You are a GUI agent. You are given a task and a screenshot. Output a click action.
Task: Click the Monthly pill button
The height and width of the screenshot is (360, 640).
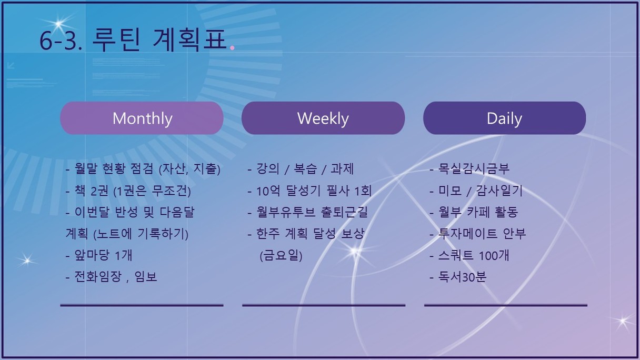(x=142, y=118)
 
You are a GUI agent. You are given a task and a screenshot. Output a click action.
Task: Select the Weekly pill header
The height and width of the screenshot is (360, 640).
(x=323, y=118)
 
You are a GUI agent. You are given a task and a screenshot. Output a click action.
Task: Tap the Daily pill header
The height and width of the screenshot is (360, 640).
(x=505, y=118)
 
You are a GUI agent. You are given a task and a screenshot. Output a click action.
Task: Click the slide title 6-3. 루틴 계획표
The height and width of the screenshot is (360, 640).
(x=133, y=40)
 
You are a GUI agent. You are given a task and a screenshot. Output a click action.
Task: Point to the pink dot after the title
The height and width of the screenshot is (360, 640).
(x=232, y=47)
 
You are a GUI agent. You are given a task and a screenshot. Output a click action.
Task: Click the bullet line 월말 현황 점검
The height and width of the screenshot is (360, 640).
(x=143, y=168)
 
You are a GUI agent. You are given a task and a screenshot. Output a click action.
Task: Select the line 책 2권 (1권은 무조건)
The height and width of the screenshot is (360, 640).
(x=128, y=191)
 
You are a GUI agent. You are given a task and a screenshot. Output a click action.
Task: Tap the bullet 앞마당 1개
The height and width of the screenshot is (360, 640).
(x=99, y=255)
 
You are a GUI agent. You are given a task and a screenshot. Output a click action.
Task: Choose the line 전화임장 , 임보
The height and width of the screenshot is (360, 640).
(x=112, y=276)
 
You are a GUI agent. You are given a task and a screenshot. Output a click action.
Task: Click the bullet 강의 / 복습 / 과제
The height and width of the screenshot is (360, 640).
(x=301, y=168)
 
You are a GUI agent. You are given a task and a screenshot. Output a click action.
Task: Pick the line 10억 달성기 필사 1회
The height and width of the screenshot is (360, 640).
(x=309, y=191)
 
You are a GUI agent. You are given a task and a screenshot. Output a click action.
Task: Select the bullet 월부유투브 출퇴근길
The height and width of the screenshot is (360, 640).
(x=308, y=212)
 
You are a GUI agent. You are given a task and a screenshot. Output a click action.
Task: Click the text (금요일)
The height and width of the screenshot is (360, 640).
(x=281, y=255)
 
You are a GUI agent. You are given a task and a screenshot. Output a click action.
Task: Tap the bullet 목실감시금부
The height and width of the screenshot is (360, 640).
(x=469, y=168)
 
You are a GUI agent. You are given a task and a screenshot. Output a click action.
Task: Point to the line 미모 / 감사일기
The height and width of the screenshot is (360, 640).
(x=476, y=191)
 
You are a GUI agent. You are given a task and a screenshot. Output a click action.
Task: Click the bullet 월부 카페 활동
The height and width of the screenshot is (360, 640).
(x=474, y=212)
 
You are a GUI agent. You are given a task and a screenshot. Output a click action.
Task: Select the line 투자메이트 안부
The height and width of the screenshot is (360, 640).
(x=478, y=234)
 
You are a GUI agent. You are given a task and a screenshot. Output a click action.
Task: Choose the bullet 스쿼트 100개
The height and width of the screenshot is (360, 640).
(x=469, y=255)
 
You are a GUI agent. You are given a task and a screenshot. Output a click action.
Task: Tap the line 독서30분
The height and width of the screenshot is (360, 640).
(x=458, y=276)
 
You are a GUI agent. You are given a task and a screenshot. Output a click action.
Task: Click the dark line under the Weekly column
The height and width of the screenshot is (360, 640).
(x=324, y=305)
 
